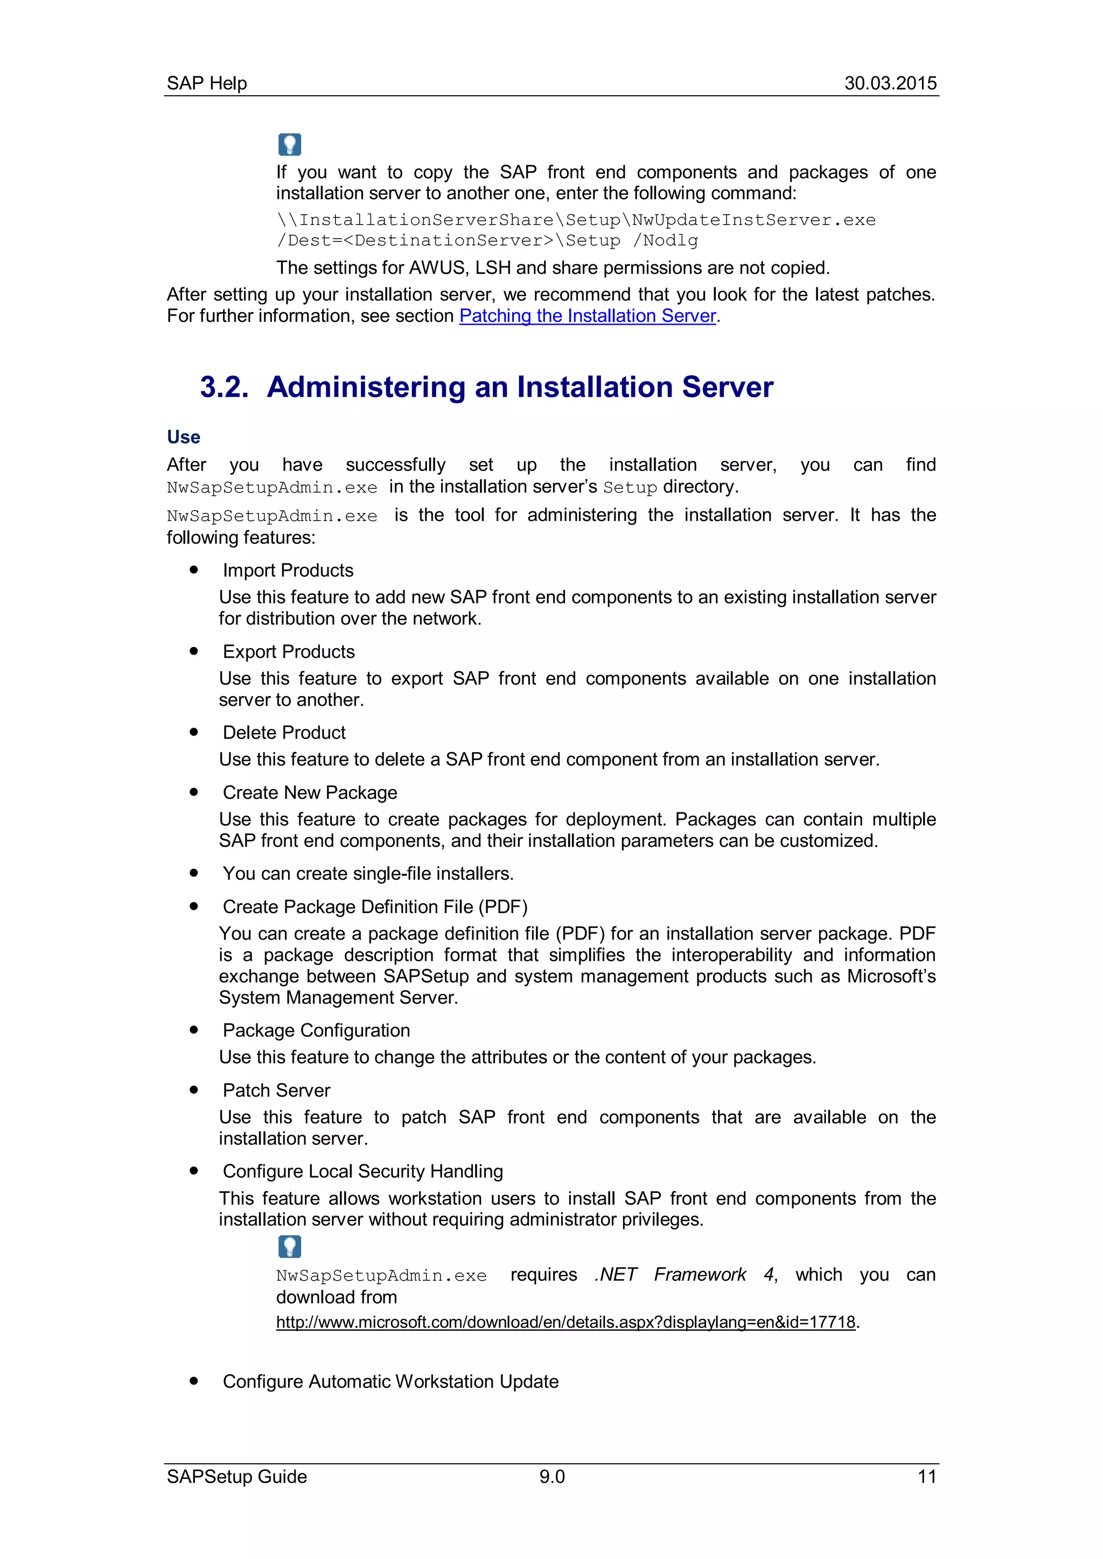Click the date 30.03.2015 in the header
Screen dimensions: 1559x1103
pos(890,83)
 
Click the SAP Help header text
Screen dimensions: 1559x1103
pos(206,83)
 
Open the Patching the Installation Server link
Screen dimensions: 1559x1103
pos(588,316)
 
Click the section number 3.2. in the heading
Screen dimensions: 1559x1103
pos(224,387)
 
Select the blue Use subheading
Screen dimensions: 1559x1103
pos(183,437)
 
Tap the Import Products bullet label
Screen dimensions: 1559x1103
pos(288,571)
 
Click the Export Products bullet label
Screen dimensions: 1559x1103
pos(289,652)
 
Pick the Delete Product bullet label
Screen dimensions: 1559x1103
pos(284,733)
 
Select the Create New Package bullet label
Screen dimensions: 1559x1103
pos(310,792)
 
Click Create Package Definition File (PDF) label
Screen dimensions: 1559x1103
pos(375,907)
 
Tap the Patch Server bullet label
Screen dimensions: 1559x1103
pos(276,1091)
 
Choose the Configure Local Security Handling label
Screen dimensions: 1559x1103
pos(362,1171)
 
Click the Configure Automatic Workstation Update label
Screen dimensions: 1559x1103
pos(390,1382)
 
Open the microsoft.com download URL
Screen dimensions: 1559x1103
pos(565,1322)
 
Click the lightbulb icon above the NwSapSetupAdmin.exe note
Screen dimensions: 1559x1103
pos(289,1247)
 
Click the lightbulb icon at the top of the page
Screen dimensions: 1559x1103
pos(289,144)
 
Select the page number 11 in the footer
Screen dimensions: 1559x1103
pos(926,1477)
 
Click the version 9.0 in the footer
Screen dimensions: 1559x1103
pos(551,1477)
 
